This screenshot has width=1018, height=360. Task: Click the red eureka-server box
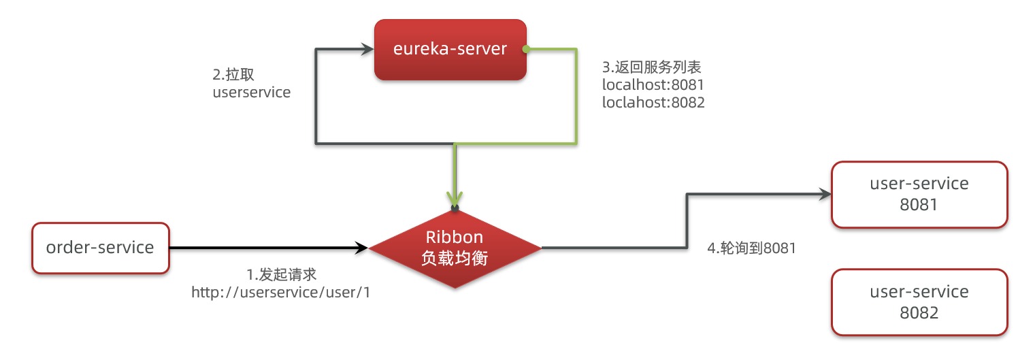tap(450, 49)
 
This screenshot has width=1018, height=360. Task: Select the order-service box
tap(100, 248)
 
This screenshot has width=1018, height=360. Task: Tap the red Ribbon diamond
tap(455, 248)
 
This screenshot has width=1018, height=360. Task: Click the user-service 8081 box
tap(919, 194)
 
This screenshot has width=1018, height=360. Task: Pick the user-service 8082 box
tap(919, 302)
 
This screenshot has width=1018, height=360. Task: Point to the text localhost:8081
tap(653, 86)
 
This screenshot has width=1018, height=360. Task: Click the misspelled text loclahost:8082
tap(653, 103)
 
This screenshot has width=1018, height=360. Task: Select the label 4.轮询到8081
tap(752, 249)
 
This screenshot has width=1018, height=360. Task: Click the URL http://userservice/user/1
tap(282, 292)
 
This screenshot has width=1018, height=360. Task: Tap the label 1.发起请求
tap(282, 275)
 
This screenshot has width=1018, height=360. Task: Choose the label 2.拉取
tap(233, 74)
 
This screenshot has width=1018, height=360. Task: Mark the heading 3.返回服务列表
tap(652, 67)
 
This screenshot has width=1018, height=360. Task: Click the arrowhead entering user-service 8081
tap(825, 194)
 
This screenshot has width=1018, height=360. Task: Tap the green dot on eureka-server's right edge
tap(526, 49)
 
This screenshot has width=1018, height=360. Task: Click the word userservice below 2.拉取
tap(252, 93)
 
